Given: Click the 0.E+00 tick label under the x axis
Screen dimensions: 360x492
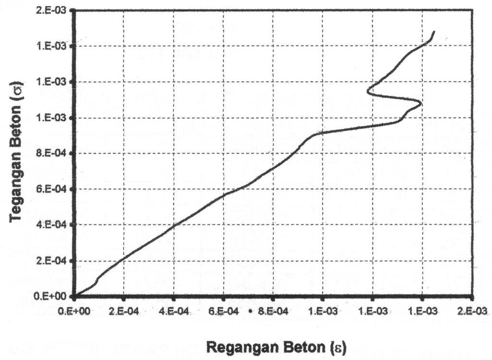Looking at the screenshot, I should click(74, 311).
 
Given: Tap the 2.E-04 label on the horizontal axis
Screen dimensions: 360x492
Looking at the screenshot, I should click(124, 311).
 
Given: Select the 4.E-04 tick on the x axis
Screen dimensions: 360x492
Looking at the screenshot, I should click(173, 311).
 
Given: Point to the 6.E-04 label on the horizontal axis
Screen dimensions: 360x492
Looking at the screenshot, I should click(223, 311).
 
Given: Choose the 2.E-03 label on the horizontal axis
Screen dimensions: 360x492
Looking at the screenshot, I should click(472, 311).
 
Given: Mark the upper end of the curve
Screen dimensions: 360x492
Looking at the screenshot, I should click(434, 32).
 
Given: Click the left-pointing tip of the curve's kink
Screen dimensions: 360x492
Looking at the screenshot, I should click(368, 90).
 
